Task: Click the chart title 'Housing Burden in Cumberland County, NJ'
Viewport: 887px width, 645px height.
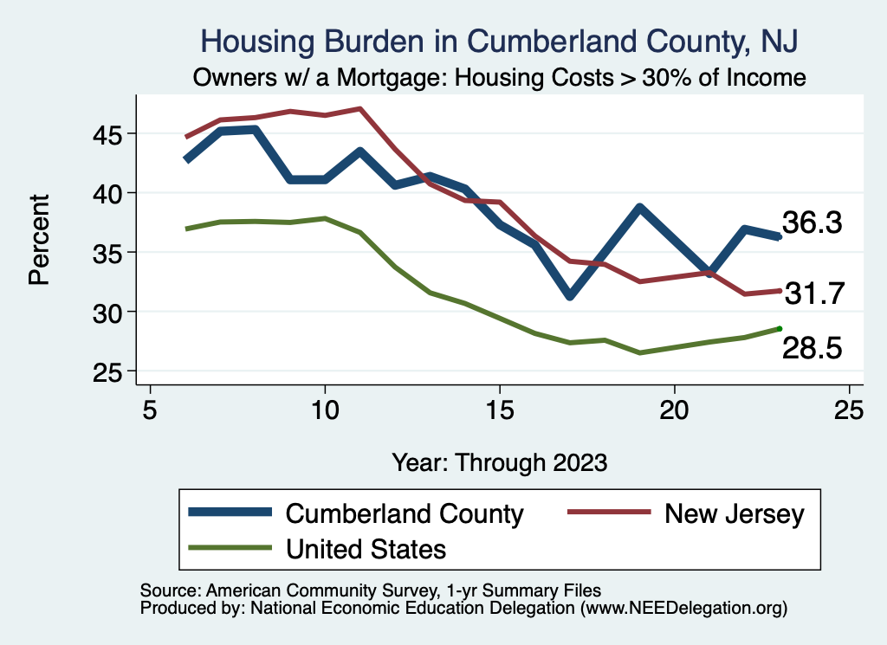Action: coord(500,41)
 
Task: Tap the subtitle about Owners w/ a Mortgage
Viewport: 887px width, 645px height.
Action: coord(500,78)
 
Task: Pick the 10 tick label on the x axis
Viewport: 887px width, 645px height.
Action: coord(325,409)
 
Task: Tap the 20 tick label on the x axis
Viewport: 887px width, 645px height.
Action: coord(675,409)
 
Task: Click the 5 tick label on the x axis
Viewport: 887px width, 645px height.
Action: coord(150,409)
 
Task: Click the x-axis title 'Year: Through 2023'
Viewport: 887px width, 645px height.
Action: coord(500,461)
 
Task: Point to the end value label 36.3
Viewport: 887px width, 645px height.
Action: coord(812,223)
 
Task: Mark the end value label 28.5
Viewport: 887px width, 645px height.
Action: coord(813,348)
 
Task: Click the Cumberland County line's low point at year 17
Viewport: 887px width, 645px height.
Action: coord(570,295)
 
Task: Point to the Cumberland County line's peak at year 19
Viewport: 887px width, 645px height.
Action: coord(639,208)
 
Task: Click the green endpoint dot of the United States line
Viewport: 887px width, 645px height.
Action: coord(780,328)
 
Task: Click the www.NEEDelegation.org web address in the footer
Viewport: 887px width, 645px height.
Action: coord(684,609)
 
